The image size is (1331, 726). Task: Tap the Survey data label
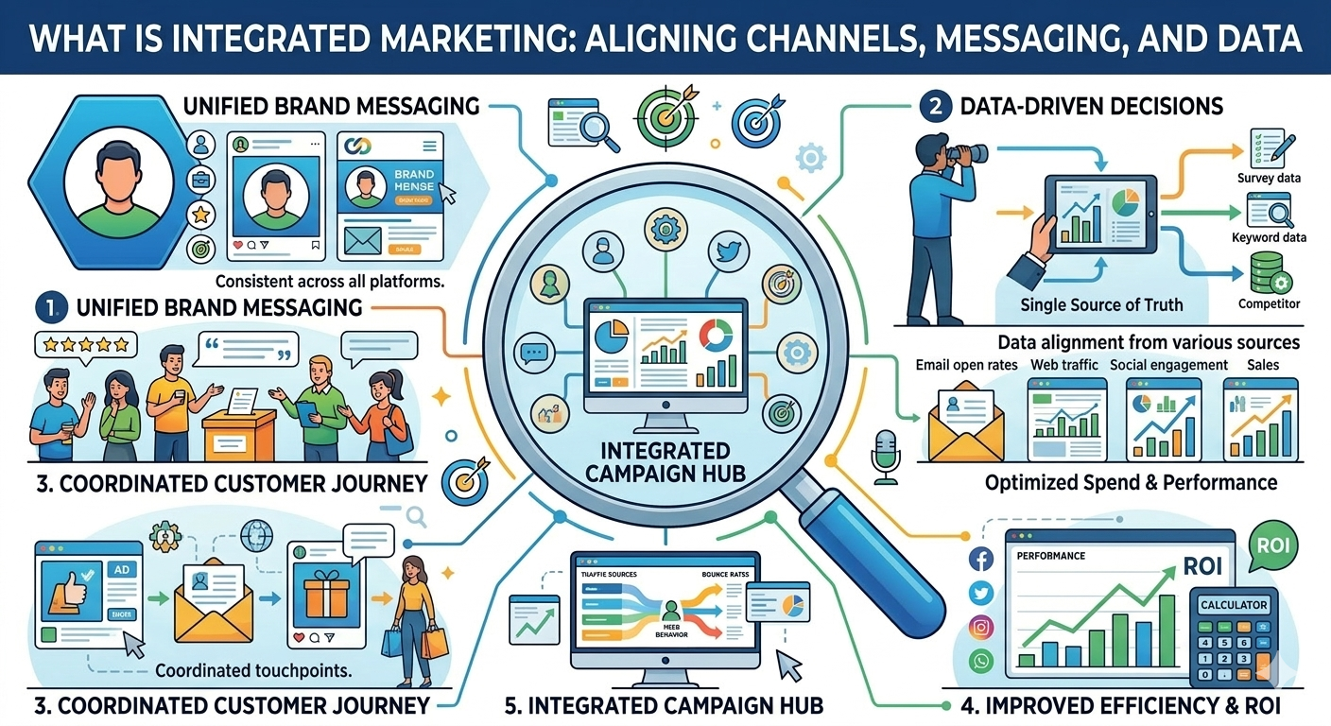coord(1269,178)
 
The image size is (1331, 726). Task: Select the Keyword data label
coord(1269,237)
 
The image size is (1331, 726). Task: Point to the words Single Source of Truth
coord(1101,305)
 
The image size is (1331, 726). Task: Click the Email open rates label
coord(966,365)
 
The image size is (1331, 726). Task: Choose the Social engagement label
coord(1168,365)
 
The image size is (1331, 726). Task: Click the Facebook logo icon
coord(980,561)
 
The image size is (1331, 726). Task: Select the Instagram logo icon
coord(980,626)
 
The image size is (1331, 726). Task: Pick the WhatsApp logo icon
coord(980,660)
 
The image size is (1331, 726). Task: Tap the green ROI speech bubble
coord(1272,547)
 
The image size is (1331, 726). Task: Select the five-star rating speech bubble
coord(80,344)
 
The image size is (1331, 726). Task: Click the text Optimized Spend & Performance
coord(1131,483)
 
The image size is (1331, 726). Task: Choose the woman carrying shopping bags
coord(413,610)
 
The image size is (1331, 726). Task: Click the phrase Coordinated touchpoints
coord(252,671)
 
